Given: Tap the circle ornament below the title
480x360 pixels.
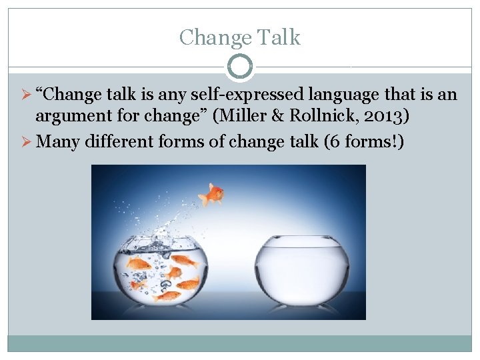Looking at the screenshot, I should (x=240, y=67).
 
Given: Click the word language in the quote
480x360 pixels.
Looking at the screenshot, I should (x=333, y=95).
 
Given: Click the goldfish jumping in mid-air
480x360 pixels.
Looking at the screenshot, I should (x=213, y=194).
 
